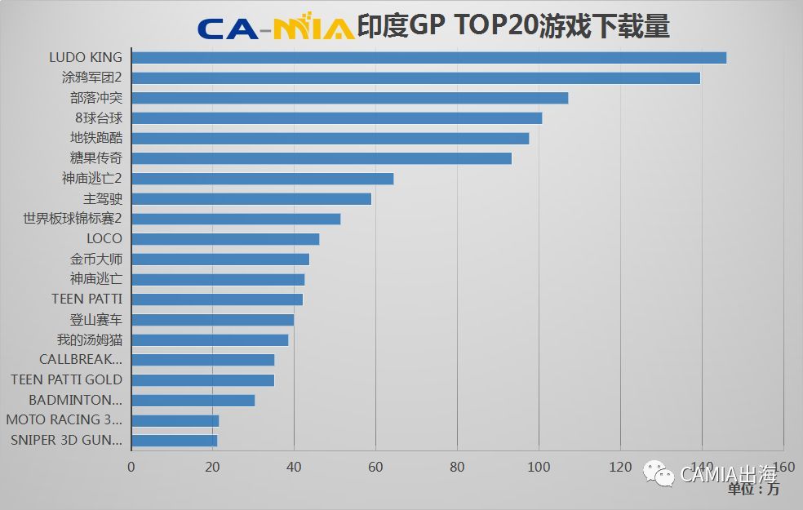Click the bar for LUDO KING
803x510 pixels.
(x=428, y=57)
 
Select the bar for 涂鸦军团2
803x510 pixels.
(x=415, y=78)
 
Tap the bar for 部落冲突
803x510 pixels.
(x=349, y=98)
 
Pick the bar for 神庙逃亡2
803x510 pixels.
(x=262, y=179)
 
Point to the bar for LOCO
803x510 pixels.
(x=225, y=239)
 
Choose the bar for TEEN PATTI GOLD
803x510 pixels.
(x=202, y=380)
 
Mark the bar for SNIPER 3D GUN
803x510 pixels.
(x=174, y=441)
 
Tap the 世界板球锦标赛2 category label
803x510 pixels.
(x=73, y=219)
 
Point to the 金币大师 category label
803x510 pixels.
(x=96, y=259)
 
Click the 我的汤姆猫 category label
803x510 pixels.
(x=90, y=339)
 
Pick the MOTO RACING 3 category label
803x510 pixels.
(x=64, y=420)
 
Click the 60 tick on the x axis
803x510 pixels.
(x=375, y=468)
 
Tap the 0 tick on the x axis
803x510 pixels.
(x=131, y=468)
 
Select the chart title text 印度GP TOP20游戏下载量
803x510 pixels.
(x=513, y=26)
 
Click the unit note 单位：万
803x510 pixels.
(x=753, y=490)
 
